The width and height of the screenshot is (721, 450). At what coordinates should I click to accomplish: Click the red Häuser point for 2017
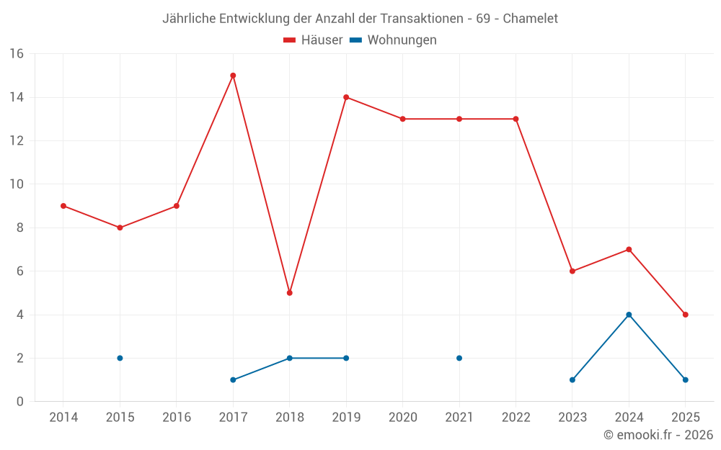click(x=233, y=76)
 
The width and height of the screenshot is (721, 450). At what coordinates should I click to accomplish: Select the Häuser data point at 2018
click(x=289, y=293)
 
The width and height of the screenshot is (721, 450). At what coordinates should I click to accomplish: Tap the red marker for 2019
click(x=346, y=97)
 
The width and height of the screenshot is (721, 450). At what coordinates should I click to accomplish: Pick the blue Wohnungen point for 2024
click(x=629, y=315)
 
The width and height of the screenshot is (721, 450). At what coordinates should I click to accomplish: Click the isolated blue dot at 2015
click(x=120, y=358)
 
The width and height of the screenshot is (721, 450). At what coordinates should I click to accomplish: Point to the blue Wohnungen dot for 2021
click(x=459, y=358)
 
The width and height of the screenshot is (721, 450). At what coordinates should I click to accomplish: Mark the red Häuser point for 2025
click(x=686, y=315)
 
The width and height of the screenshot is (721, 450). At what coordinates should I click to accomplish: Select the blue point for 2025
click(x=686, y=379)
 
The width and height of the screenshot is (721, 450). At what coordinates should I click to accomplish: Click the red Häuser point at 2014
click(x=63, y=206)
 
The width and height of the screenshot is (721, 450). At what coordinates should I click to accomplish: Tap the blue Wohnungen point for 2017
click(x=233, y=379)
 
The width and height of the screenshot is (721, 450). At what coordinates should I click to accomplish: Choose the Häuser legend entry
click(x=313, y=40)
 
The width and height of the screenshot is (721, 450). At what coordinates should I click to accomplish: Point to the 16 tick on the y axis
click(x=16, y=54)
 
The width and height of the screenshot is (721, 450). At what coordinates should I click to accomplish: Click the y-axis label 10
click(x=16, y=184)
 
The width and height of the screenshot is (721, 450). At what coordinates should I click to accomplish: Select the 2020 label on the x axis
click(x=402, y=418)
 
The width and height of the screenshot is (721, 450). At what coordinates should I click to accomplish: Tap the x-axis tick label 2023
click(x=572, y=418)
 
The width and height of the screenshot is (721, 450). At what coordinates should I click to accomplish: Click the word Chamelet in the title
click(x=530, y=19)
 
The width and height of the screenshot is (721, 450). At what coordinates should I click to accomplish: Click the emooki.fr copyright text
click(x=658, y=435)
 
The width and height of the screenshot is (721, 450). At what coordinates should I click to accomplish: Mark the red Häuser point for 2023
click(x=572, y=271)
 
